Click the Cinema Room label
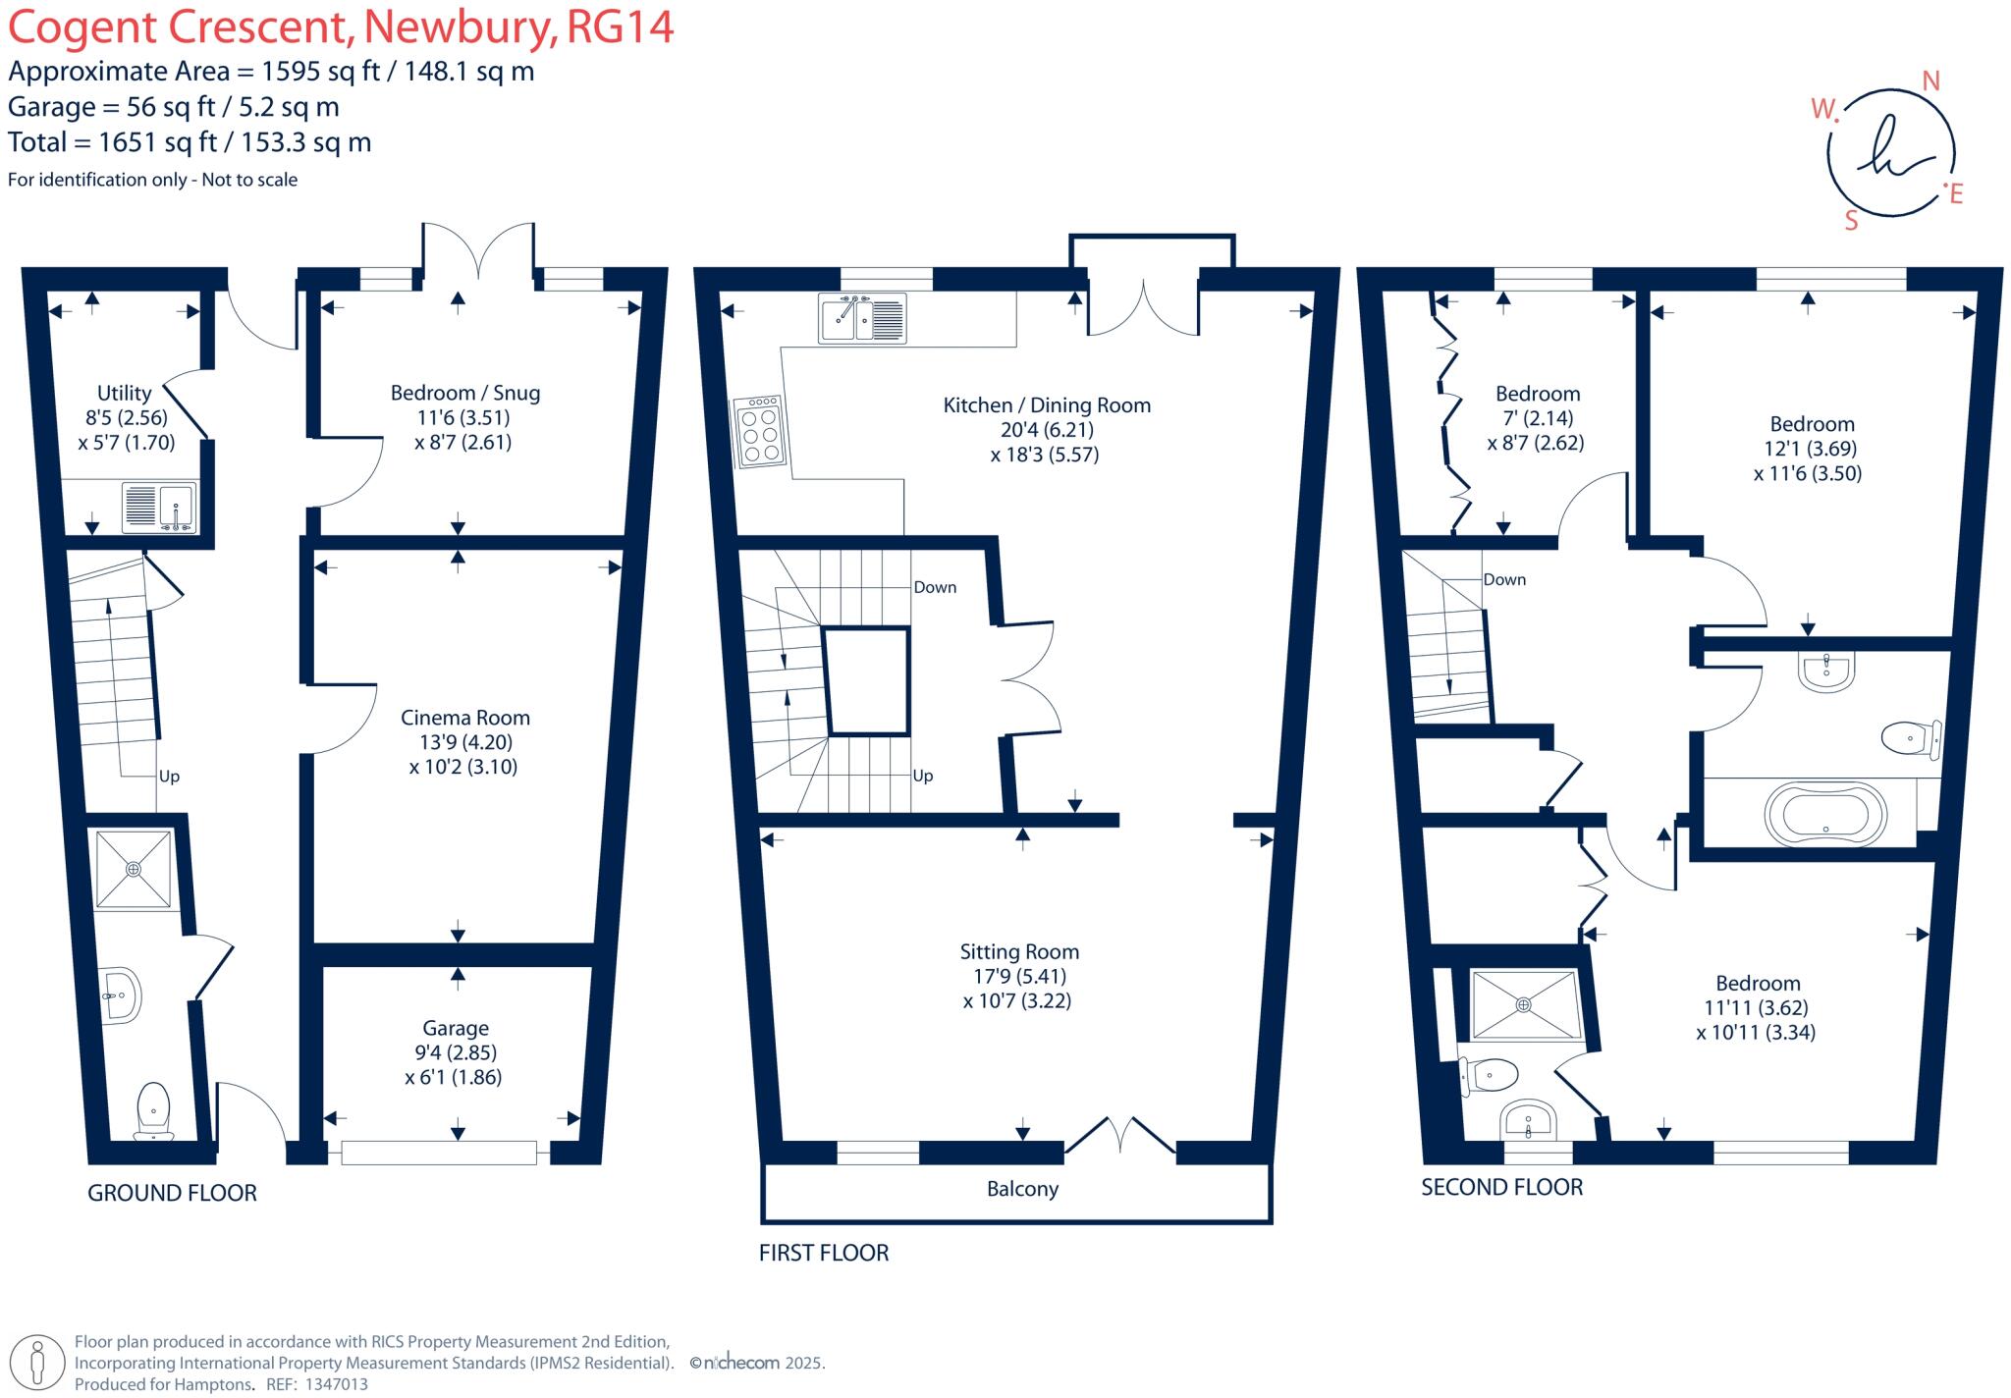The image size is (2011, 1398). click(465, 718)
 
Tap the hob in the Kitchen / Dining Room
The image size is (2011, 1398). click(759, 429)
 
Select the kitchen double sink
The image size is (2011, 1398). click(862, 318)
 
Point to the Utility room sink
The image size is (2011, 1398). click(159, 507)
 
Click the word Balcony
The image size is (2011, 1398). click(1022, 1189)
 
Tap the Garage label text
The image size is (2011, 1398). click(456, 1028)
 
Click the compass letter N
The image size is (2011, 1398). click(1930, 81)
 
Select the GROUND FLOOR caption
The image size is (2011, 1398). click(172, 1193)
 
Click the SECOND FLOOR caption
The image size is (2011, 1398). click(1501, 1187)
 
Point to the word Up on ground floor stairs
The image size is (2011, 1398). click(169, 777)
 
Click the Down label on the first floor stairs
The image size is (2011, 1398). click(935, 587)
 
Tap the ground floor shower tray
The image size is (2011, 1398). click(134, 869)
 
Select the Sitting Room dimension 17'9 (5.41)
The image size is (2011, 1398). click(1018, 976)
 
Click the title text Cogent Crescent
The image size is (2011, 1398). click(180, 27)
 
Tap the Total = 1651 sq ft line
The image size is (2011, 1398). click(190, 142)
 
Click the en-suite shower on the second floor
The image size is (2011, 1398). click(1523, 1004)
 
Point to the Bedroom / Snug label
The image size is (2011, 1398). click(464, 393)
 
